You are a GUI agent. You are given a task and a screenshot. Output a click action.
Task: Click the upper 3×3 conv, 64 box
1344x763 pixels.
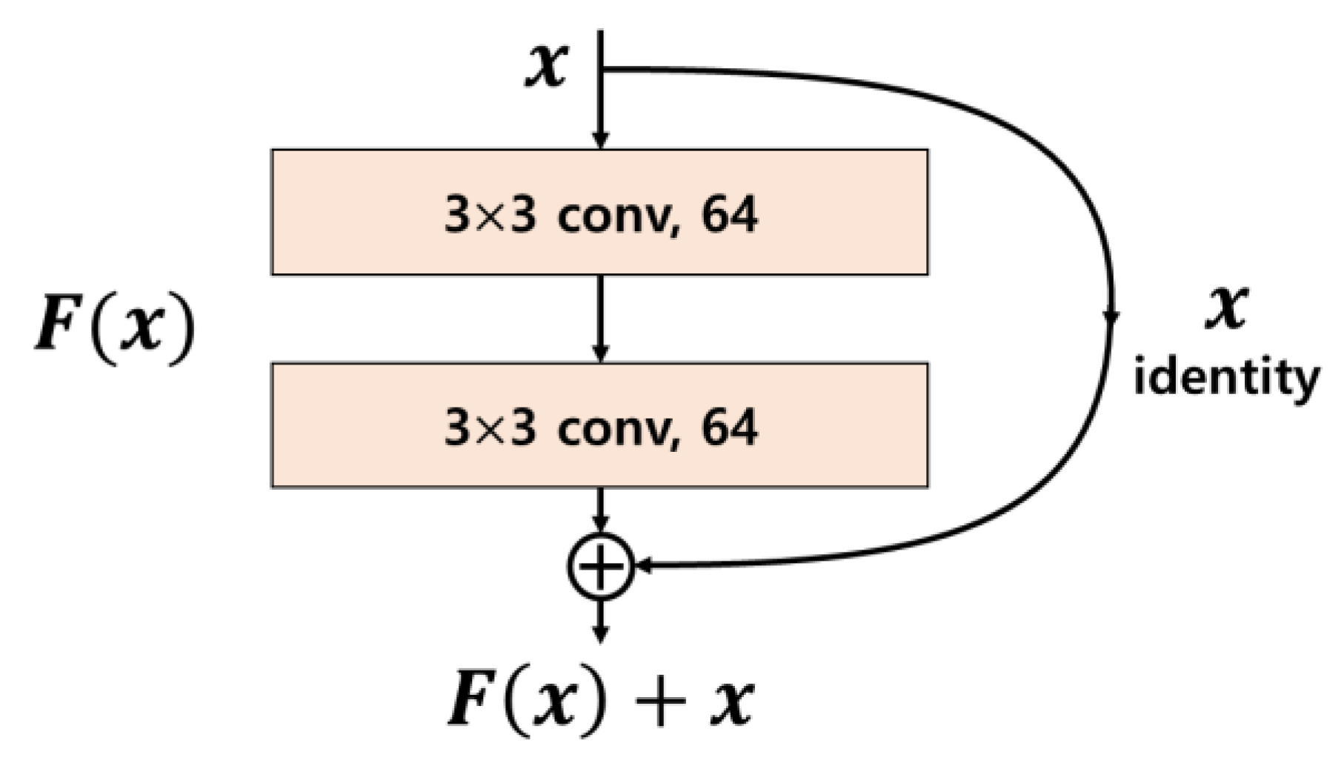click(x=599, y=213)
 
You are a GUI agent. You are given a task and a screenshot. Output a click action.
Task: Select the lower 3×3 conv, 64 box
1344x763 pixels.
click(x=599, y=425)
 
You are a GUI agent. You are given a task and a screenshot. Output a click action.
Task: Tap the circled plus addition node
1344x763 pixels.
click(x=601, y=566)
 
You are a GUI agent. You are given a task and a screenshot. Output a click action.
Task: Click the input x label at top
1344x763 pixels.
click(x=546, y=65)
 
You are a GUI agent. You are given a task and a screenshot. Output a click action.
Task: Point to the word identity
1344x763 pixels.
click(x=1226, y=379)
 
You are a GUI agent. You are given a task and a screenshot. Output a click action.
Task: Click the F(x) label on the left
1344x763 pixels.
click(x=116, y=327)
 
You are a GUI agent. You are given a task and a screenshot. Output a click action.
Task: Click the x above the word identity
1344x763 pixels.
click(x=1226, y=307)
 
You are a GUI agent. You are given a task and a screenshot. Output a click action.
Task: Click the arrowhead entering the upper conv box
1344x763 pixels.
click(x=601, y=140)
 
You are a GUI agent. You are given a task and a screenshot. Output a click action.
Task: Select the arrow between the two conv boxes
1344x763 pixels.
click(x=601, y=319)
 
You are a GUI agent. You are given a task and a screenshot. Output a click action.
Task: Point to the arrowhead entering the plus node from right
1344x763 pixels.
click(x=643, y=566)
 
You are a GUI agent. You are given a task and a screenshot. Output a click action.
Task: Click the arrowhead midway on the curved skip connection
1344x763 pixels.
click(x=1111, y=317)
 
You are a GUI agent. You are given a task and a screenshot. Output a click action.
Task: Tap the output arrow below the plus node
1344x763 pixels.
click(x=601, y=622)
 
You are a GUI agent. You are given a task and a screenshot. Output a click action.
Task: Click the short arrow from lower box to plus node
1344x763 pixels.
click(x=601, y=510)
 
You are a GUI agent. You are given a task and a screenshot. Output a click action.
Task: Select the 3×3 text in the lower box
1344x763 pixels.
click(x=490, y=429)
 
